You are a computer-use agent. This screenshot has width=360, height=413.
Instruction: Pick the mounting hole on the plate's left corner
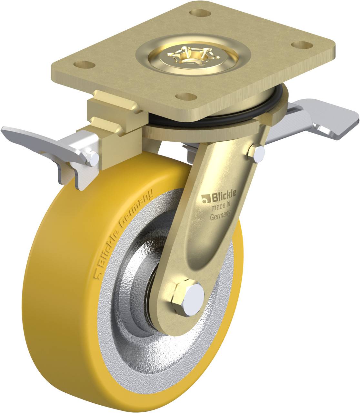84,65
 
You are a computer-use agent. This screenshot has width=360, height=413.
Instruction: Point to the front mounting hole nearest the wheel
186,96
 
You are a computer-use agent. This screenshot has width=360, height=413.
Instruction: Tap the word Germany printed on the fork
220,216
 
